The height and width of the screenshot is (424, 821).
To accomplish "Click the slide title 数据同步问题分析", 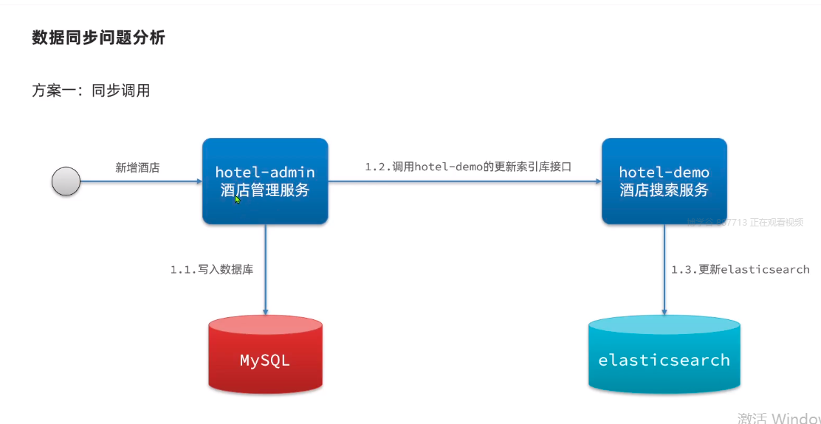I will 98,38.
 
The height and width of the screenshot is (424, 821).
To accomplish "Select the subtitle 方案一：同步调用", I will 91,91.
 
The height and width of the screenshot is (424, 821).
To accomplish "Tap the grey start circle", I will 66,181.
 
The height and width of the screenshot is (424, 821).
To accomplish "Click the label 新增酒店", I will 137,168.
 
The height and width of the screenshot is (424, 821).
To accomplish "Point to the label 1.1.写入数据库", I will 212,270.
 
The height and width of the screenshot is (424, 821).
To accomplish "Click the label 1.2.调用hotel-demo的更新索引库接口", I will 468,167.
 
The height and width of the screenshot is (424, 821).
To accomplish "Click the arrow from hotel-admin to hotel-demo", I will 465,181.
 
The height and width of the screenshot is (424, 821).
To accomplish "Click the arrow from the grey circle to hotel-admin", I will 140,181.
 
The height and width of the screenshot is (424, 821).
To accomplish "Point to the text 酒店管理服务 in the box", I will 265,190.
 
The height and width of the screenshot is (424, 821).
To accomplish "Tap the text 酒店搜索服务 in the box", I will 664,190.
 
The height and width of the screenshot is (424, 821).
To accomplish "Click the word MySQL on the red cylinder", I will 265,361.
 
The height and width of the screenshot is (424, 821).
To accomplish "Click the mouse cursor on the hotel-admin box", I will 238,199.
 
